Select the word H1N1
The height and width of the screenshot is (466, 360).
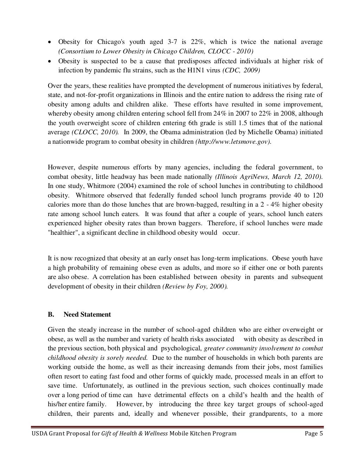pos(191,70)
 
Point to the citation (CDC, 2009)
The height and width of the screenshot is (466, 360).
pos(241,70)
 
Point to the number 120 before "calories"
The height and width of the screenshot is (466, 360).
pos(317,195)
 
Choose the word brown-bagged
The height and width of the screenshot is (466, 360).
pos(182,205)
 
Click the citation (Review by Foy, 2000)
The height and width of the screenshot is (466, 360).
pos(195,286)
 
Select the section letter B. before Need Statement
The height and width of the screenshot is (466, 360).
pos(51,315)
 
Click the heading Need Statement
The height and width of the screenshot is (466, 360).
pos(87,315)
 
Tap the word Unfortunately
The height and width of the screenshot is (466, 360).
pos(83,386)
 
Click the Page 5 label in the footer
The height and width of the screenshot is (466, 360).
pos(314,434)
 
